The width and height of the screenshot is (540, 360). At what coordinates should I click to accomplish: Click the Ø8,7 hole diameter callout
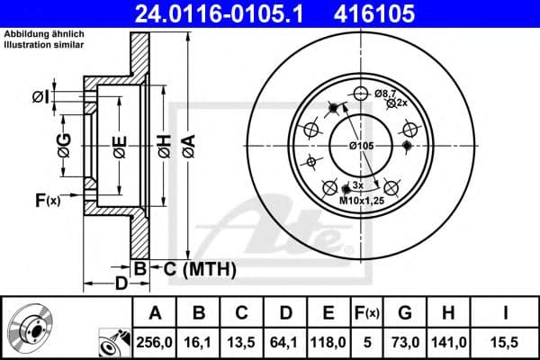(385, 93)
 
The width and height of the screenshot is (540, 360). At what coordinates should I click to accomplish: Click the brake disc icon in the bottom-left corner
(34, 328)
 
